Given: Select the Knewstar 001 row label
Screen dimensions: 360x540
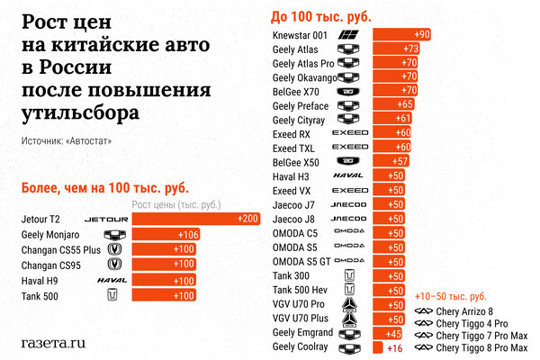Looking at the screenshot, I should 302,34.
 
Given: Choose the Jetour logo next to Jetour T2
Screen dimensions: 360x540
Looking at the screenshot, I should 106,219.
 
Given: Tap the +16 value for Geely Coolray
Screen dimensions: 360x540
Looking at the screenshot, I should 392,347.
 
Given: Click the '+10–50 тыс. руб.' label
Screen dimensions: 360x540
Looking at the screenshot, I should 450,296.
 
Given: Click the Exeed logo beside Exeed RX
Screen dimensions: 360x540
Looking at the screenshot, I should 350,133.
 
